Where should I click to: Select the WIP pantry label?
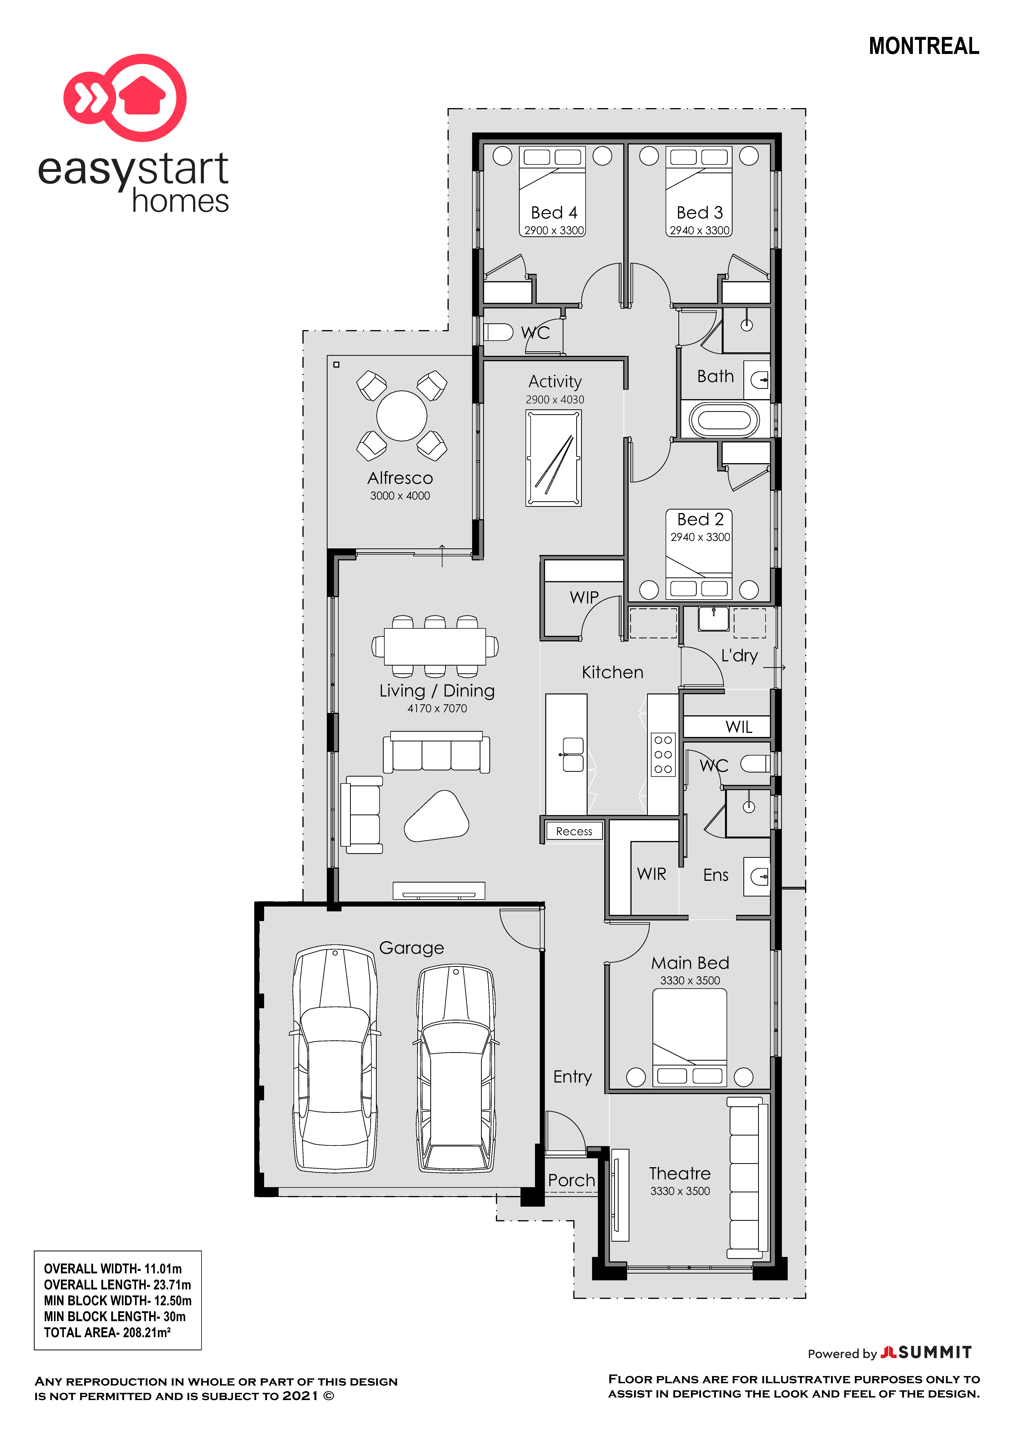[584, 597]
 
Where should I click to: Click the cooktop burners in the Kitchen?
[663, 754]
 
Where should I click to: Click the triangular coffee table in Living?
[437, 816]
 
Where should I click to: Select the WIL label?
[739, 727]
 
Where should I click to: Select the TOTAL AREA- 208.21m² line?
[107, 1332]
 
